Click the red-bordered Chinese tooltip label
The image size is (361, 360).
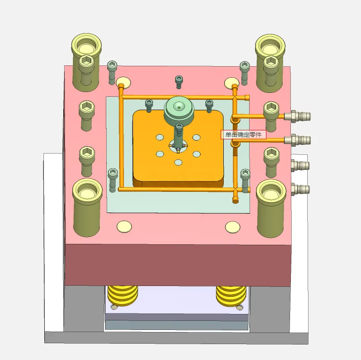(244, 135)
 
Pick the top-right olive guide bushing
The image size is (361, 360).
(270, 63)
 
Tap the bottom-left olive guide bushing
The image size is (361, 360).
(87, 208)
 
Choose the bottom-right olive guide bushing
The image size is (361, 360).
(271, 209)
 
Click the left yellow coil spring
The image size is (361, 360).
(123, 295)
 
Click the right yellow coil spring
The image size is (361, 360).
(231, 296)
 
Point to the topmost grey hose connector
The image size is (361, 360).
(297, 116)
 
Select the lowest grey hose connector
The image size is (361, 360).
(300, 189)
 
